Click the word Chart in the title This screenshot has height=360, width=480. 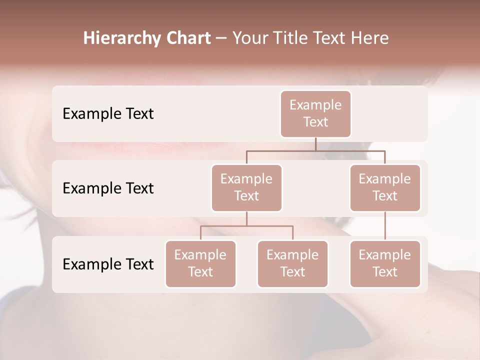click(186, 38)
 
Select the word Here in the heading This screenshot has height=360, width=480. click(370, 38)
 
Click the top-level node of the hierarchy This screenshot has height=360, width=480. click(315, 113)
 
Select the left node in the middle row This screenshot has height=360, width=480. click(246, 187)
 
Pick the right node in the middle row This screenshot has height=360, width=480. click(385, 187)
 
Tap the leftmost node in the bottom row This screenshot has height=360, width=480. click(200, 263)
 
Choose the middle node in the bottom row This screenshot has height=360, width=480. click(292, 263)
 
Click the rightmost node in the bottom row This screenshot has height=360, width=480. click(385, 263)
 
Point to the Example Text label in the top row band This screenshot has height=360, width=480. click(108, 114)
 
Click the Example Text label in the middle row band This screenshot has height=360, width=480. click(108, 188)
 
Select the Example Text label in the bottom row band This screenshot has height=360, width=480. click(108, 264)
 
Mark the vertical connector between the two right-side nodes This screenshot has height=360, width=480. click(385, 226)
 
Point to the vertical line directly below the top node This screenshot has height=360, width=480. click(315, 144)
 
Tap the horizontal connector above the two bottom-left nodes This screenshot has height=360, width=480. click(246, 226)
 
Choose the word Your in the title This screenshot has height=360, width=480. click(248, 38)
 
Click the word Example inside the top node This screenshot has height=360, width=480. click(315, 105)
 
